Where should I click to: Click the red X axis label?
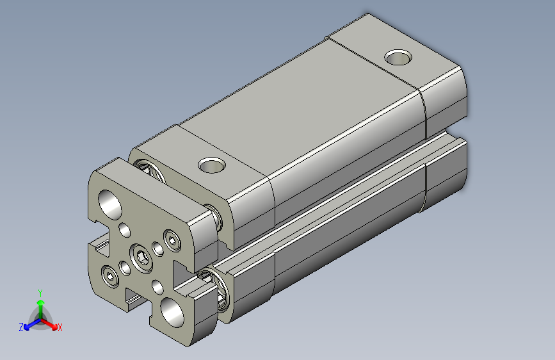point(60,327)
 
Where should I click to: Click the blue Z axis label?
point(21,327)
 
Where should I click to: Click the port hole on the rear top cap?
point(398,58)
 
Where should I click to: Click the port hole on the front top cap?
point(211,166)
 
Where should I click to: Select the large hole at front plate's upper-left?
point(110,204)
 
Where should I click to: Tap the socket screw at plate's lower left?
point(112,277)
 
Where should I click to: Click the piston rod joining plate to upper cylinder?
point(212,215)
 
